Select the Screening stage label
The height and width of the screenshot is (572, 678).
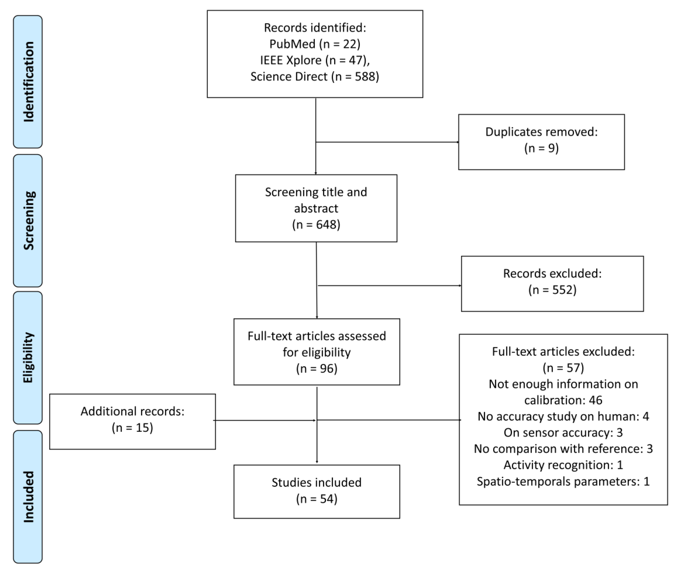[x=28, y=220]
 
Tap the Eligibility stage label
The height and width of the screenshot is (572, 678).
[x=28, y=357]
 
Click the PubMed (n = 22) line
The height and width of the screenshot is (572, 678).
[x=315, y=44]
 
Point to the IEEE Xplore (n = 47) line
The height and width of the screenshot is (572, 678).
[x=315, y=60]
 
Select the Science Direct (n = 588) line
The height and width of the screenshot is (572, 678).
[x=315, y=77]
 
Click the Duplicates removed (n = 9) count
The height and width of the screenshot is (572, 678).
[x=541, y=148]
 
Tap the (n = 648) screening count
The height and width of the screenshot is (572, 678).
[x=316, y=224]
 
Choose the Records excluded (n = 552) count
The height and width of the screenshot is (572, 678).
[x=552, y=290]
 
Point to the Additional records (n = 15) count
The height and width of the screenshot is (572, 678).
[x=132, y=427]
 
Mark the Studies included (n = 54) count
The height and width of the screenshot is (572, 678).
[x=317, y=499]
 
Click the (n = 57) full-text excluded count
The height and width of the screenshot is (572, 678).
[x=563, y=368]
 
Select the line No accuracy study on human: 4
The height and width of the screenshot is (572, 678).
[x=563, y=416]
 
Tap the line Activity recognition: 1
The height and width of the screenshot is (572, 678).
[x=563, y=465]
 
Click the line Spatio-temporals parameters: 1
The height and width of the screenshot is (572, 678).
[x=563, y=481]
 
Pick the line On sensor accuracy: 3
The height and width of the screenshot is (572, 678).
[x=563, y=433]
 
